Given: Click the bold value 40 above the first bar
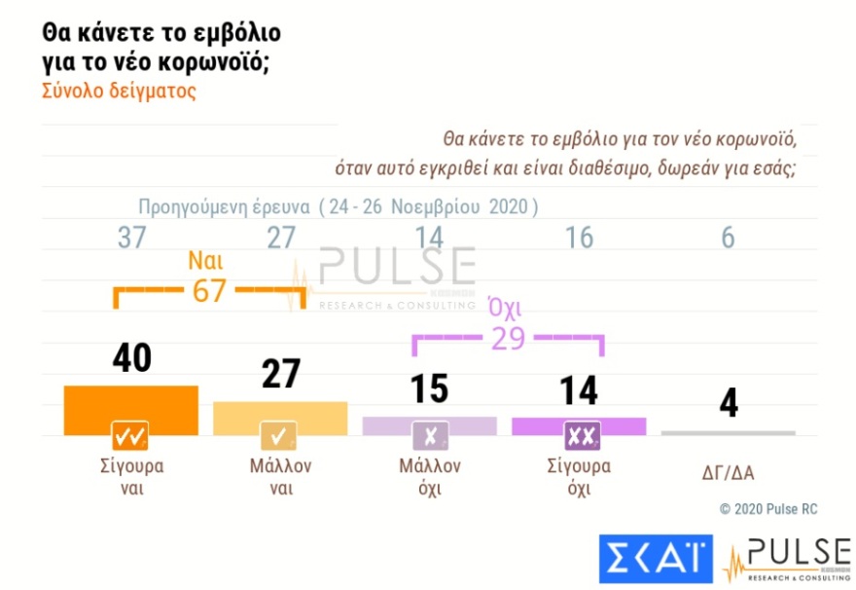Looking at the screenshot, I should (130, 357).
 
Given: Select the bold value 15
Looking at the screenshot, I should (429, 387).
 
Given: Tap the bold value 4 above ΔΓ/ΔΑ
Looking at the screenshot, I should (728, 402).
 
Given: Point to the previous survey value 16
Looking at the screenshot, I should (579, 239).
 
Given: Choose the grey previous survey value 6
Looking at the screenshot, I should (728, 239).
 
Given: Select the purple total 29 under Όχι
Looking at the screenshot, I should (508, 340).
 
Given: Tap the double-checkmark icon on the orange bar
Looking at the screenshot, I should (130, 433).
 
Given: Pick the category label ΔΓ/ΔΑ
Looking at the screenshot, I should (729, 473).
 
